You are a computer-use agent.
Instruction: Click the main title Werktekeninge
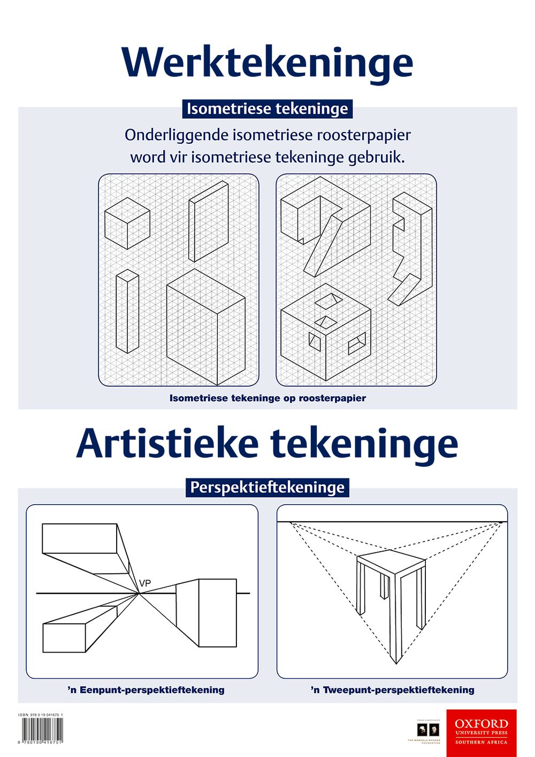tap(267, 63)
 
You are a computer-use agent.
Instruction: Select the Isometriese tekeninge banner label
tap(267, 109)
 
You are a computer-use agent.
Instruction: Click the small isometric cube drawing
tap(127, 223)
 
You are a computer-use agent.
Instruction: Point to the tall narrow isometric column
tap(127, 311)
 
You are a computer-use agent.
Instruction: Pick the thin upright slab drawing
tap(208, 221)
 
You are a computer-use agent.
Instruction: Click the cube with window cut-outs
tap(325, 334)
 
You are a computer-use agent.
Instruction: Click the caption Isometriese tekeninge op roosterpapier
tap(267, 398)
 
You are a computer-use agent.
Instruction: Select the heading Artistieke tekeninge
tap(267, 444)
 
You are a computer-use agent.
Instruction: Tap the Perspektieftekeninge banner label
tap(267, 488)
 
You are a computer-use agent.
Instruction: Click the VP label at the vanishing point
tap(144, 583)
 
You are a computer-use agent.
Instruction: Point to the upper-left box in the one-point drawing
tap(80, 538)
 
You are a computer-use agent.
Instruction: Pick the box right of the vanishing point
tap(217, 613)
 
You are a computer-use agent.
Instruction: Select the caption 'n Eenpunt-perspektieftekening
tap(146, 690)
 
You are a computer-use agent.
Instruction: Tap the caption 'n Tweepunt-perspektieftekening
tap(392, 690)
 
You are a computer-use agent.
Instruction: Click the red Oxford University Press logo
tap(481, 733)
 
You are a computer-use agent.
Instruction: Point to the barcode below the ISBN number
tap(42, 729)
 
